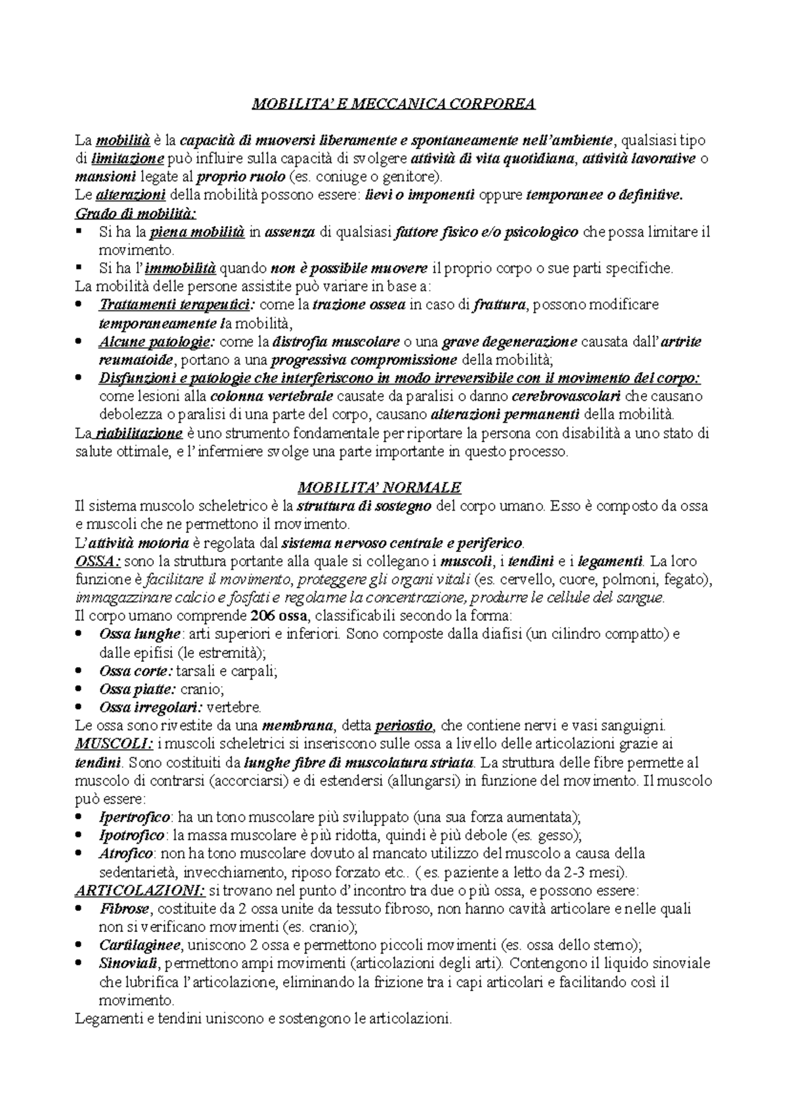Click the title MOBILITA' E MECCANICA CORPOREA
(394, 103)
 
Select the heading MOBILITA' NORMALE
(380, 488)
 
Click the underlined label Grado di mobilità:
(135, 214)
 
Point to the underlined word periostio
(403, 726)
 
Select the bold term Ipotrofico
(131, 836)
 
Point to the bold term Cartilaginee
(139, 946)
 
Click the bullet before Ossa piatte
(79, 690)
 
